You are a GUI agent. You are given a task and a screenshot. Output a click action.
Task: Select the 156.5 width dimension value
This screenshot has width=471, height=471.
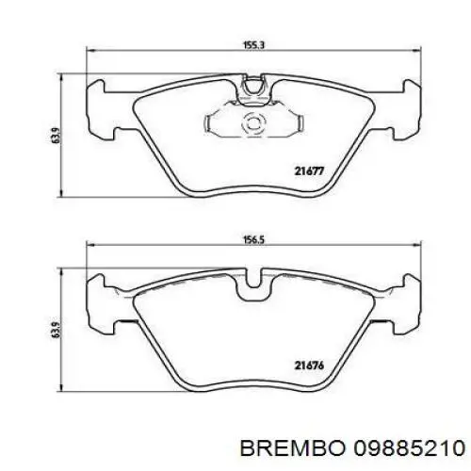pos(250,240)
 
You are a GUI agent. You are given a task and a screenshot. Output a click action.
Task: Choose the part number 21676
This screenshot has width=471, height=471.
pos(309,364)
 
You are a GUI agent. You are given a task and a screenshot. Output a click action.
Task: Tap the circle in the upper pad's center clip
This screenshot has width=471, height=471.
pos(252,122)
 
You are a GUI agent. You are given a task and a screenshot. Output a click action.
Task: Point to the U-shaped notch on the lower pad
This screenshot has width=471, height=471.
pos(252,284)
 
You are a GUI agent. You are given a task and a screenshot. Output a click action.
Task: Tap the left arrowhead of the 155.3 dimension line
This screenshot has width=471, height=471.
pos(90,51)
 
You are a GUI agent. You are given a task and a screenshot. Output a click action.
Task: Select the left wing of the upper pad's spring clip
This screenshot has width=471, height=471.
pos(215,122)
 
